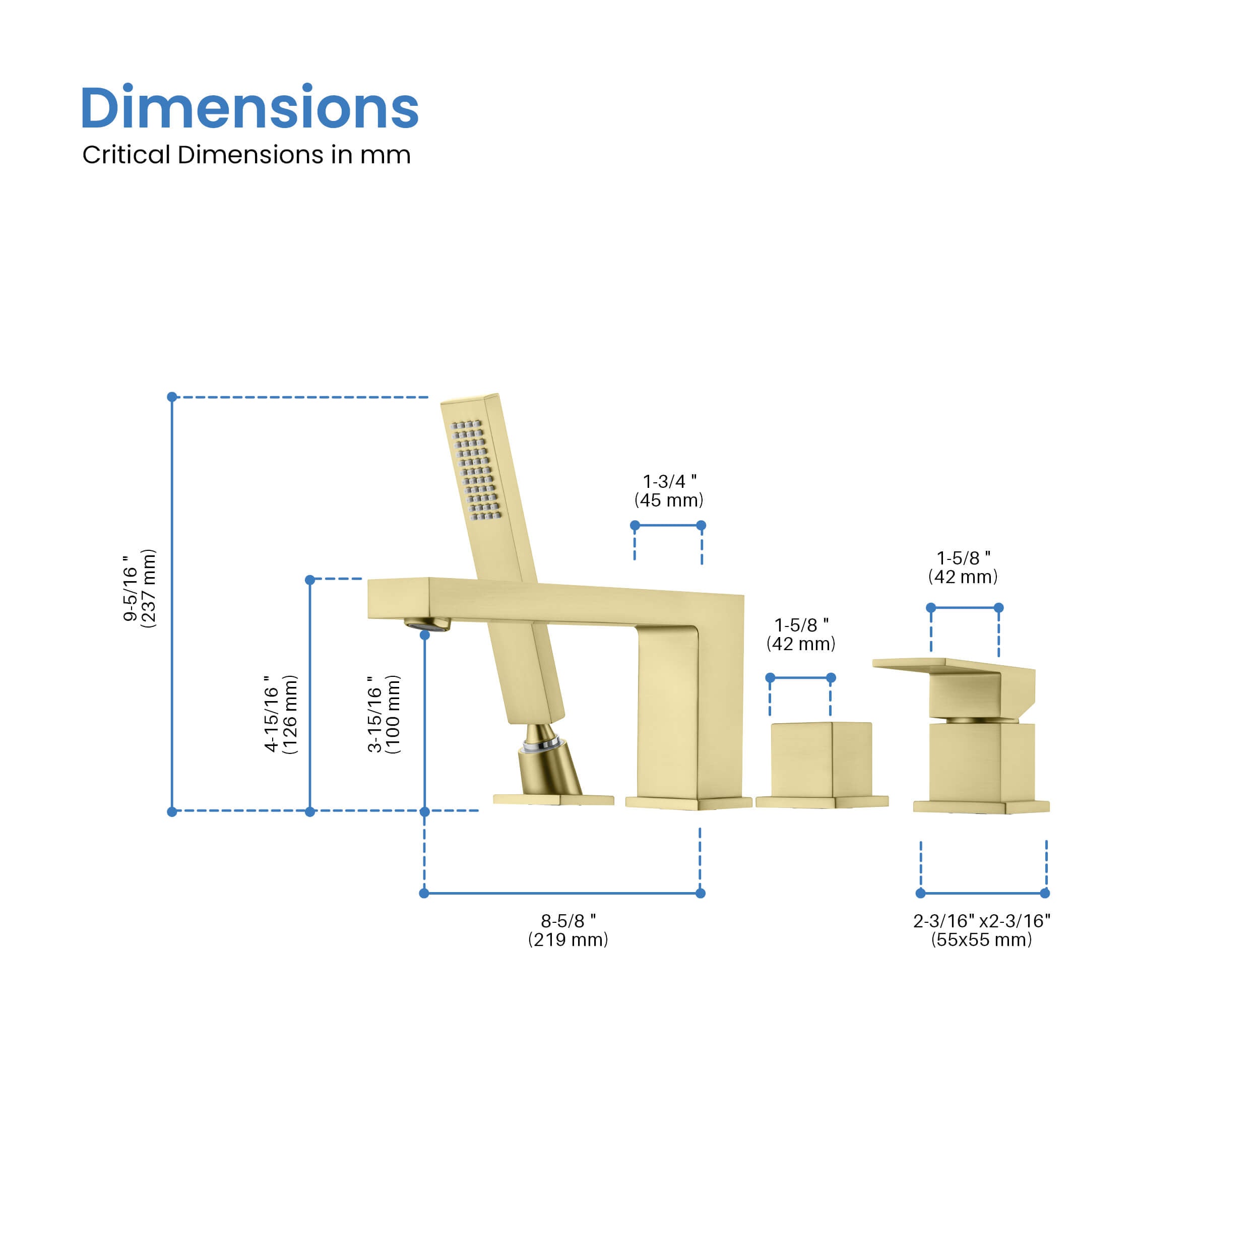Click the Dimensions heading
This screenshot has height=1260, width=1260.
249,108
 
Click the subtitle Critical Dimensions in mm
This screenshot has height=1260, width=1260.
246,155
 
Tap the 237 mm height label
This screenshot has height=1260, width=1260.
140,588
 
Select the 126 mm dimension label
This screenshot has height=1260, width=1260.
280,715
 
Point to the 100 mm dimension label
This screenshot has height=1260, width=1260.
384,715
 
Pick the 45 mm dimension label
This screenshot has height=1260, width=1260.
669,490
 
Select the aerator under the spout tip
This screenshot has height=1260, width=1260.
427,624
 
